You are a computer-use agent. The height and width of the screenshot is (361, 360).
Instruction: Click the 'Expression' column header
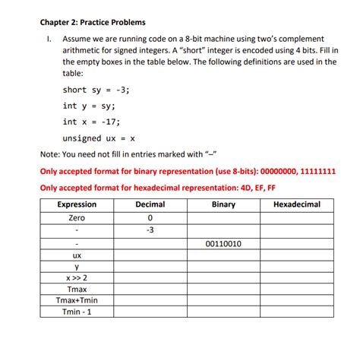(77, 204)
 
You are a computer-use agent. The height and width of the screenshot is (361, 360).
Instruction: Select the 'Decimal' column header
(150, 204)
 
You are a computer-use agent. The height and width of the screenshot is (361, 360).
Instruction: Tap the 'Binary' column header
(223, 204)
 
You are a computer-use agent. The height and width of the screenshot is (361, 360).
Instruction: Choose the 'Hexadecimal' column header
(296, 204)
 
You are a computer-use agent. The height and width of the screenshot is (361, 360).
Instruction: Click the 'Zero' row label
(77, 217)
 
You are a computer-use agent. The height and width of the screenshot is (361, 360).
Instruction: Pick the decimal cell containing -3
(150, 230)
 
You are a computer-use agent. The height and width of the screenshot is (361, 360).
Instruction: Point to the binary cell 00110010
(223, 244)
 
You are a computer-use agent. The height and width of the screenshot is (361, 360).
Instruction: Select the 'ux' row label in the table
(77, 256)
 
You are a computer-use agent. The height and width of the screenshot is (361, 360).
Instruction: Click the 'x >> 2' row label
(77, 279)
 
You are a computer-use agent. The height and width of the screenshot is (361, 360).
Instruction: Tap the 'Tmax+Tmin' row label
(77, 301)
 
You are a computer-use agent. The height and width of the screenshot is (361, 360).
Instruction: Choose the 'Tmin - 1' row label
(77, 312)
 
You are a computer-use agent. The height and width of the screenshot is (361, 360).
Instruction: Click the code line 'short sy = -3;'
(96, 89)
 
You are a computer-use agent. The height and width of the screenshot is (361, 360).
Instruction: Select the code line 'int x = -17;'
(91, 122)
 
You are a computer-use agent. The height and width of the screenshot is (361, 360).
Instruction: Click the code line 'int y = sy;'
(89, 106)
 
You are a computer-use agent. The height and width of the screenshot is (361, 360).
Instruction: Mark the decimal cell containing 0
(150, 217)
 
